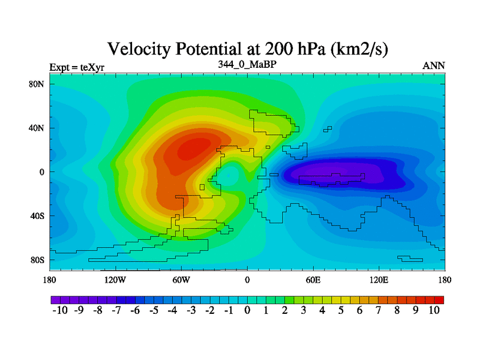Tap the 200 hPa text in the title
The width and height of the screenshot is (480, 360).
point(295,49)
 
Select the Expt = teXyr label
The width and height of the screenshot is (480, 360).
point(77,67)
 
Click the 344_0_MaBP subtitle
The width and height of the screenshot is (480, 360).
point(247,64)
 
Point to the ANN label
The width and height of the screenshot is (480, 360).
point(433,66)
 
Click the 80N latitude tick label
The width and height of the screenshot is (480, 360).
point(37,84)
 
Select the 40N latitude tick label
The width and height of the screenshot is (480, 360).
point(37,128)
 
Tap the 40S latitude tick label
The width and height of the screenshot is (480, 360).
point(37,216)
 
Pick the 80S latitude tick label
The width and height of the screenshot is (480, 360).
point(37,260)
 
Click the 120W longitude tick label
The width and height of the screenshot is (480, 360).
point(115,280)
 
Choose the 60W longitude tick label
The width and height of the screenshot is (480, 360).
point(181,280)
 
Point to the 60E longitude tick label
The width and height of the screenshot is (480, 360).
point(313,280)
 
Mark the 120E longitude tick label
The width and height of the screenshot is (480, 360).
point(379,280)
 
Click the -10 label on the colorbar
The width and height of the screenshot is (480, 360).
point(60,310)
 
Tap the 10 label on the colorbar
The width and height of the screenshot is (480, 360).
point(434,310)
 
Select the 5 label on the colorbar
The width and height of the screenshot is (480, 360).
point(341,310)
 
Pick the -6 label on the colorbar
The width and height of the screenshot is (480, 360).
point(135,310)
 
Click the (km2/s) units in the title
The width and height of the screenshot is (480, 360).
point(359,49)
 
